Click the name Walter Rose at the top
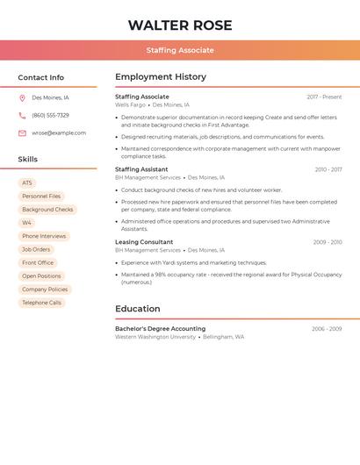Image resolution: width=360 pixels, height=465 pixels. click(x=180, y=25)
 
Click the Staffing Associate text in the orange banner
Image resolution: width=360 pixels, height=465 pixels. click(x=180, y=50)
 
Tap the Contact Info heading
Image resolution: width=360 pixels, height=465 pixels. click(x=41, y=77)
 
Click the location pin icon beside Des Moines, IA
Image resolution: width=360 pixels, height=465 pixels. click(x=22, y=98)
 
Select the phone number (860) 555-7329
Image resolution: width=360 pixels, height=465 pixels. click(x=50, y=115)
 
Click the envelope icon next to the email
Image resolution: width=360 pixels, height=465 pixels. click(x=22, y=133)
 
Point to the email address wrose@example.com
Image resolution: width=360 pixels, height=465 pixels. click(x=59, y=133)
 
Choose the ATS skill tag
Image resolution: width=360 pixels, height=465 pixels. click(x=27, y=182)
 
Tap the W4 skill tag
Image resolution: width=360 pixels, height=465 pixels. click(x=27, y=223)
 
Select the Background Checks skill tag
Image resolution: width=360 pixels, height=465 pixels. click(x=47, y=210)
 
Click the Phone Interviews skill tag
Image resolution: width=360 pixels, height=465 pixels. click(x=44, y=236)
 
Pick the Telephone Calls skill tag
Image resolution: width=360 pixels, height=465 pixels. click(x=42, y=303)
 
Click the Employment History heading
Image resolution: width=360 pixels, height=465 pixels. click(x=161, y=77)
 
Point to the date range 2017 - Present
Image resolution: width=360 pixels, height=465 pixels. click(x=324, y=97)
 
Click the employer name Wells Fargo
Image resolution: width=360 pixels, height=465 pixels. click(x=130, y=105)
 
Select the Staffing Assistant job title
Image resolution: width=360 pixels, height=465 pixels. click(x=141, y=169)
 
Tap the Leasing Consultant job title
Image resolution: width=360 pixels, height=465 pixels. click(x=144, y=242)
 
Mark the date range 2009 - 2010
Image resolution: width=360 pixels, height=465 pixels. click(x=327, y=242)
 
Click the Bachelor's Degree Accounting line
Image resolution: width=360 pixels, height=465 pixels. click(x=160, y=329)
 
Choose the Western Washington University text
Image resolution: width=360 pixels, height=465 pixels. click(x=155, y=337)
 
